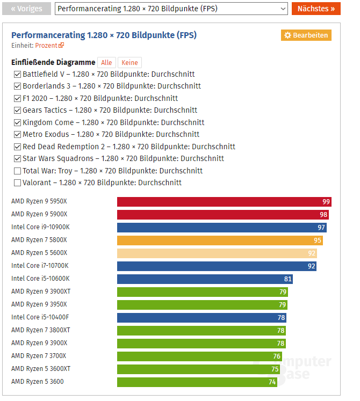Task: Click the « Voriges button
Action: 27,9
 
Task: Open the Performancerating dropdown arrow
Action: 283,9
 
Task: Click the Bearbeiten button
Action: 306,35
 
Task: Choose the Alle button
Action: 106,63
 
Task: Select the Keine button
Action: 129,63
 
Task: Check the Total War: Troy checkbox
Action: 17,171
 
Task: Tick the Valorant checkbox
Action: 17,183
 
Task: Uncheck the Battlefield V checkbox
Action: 17,74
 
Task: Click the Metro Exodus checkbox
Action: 17,134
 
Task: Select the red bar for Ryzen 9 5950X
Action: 224,202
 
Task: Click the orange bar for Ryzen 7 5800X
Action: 220,240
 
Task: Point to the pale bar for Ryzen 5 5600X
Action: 217,253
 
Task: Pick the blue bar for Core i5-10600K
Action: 205,279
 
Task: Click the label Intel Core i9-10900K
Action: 40,227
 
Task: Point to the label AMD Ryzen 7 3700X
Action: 39,356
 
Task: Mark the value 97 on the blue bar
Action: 321,228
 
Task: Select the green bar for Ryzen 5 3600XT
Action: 198,369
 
